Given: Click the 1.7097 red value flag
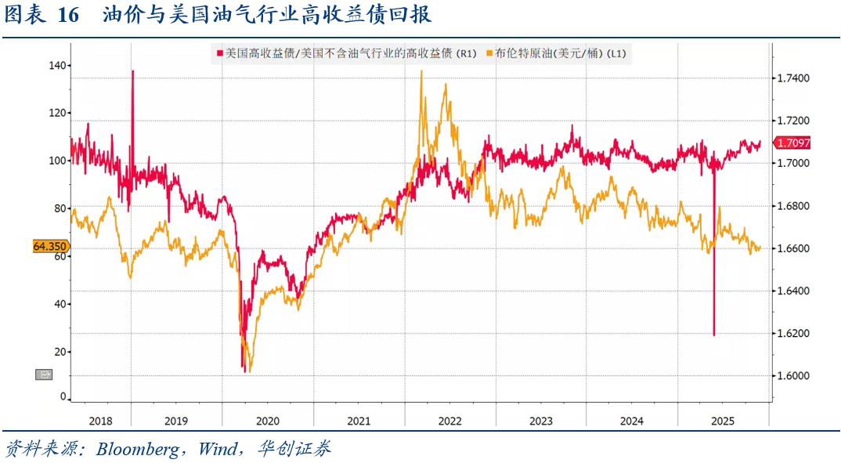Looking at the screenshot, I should coord(792,143).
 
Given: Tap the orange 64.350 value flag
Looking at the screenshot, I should coord(49,246).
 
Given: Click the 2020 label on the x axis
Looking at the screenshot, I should coord(268,421).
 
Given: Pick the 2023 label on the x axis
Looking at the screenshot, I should coord(540,421).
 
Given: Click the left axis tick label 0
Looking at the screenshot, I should coord(63,397).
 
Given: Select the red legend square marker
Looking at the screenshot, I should coord(219,53).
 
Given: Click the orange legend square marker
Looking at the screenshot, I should coord(489,53).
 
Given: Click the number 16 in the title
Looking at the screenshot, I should coord(69,16).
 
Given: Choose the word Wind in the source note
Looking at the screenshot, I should coord(218,449).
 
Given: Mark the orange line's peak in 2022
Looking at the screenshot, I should coord(421,71).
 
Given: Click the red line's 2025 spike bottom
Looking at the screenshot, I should coord(714,335).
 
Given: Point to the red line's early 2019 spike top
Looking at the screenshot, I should coord(132,71).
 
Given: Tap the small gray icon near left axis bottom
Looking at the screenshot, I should coord(44,374).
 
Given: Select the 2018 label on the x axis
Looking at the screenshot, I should coord(100,421).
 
